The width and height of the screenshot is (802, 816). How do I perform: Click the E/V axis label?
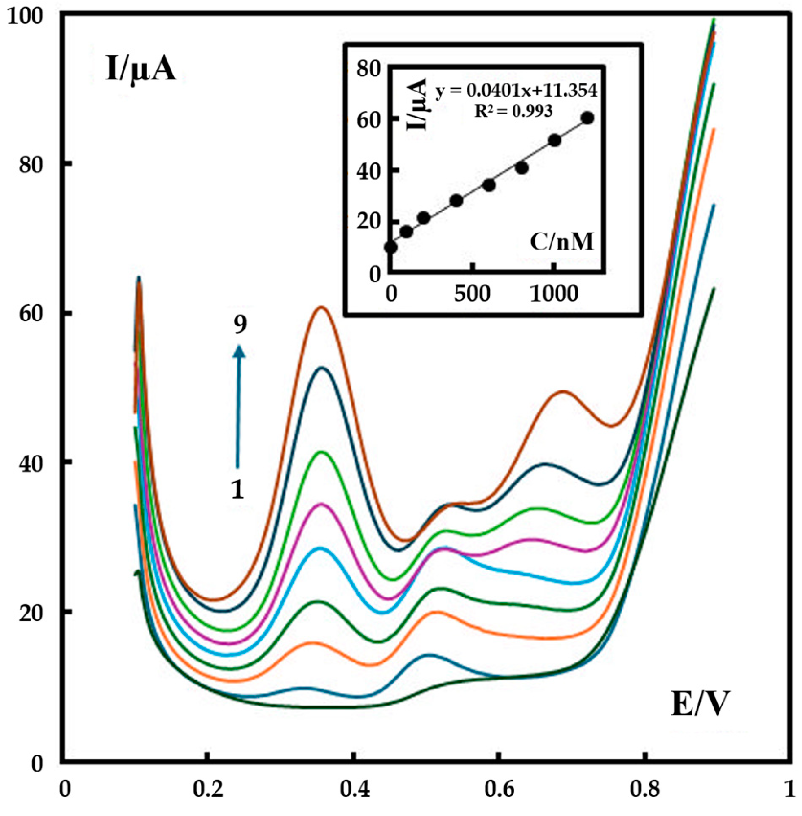pyautogui.click(x=699, y=704)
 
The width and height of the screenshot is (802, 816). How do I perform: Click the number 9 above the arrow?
pyautogui.click(x=240, y=324)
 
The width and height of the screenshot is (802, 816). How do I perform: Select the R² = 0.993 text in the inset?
pyautogui.click(x=513, y=111)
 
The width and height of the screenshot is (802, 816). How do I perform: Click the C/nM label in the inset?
pyautogui.click(x=561, y=242)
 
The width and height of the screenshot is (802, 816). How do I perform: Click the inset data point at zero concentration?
pyautogui.click(x=391, y=247)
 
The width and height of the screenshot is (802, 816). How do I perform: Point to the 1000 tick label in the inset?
pyautogui.click(x=554, y=294)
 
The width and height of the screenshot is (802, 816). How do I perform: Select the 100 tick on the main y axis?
pyautogui.click(x=31, y=16)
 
